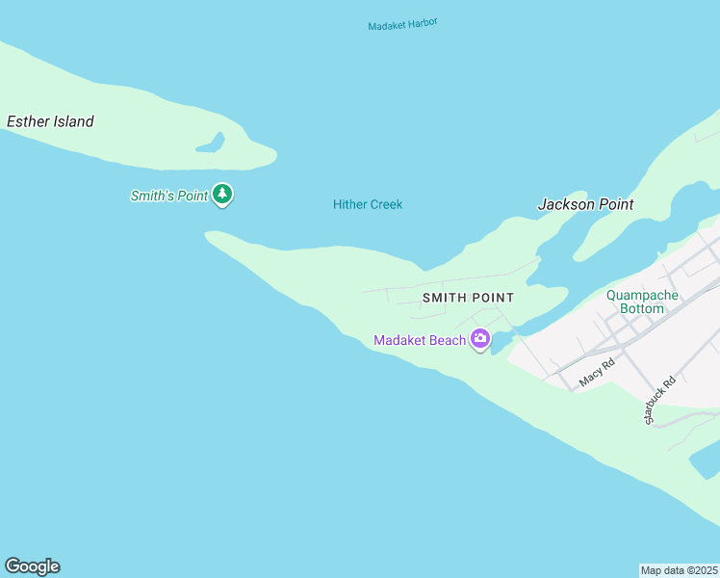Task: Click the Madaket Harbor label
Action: (x=402, y=24)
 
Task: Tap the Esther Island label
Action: (x=50, y=121)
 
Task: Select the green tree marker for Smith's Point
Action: (x=223, y=195)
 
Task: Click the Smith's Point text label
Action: (x=169, y=196)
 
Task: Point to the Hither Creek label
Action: (x=368, y=204)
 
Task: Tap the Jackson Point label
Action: (x=585, y=204)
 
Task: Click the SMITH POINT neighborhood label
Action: (x=468, y=298)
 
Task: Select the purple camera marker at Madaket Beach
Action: (x=480, y=339)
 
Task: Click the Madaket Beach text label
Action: (x=419, y=340)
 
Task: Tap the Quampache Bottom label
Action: (x=642, y=302)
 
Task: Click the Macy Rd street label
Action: (x=597, y=374)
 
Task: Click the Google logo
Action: (x=32, y=566)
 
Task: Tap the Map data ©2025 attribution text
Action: (x=680, y=569)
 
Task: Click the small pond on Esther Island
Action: (x=211, y=144)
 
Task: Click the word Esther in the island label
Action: (x=26, y=121)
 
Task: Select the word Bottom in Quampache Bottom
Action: (x=642, y=308)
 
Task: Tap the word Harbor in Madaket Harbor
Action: (x=422, y=22)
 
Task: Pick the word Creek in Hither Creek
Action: (x=385, y=204)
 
